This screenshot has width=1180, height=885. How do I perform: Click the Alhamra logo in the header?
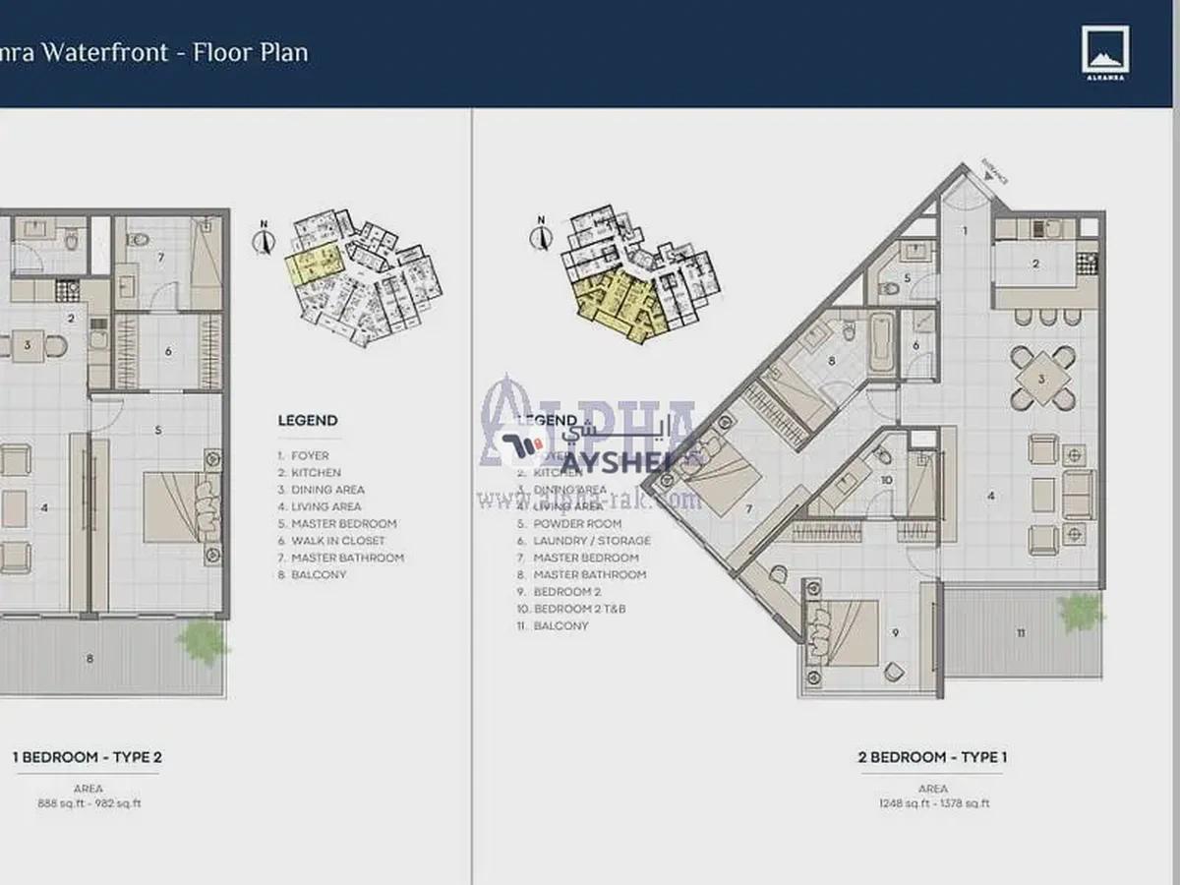pos(1105,51)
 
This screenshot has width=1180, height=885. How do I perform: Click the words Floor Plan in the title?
pos(251,52)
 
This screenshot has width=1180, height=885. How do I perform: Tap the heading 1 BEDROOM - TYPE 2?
pos(87,757)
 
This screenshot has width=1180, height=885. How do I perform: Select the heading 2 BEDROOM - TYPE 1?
pos(932,757)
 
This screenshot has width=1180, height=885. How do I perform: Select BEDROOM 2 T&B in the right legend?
pos(579,609)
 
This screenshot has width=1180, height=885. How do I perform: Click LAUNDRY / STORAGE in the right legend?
pos(591,541)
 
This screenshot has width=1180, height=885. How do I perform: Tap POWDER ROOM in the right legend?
pos(577,524)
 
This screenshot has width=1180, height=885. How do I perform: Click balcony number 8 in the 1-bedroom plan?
pos(89,659)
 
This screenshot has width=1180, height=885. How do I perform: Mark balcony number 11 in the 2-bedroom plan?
pos(1020,632)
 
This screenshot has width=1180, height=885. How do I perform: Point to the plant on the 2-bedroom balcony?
pos(1081,612)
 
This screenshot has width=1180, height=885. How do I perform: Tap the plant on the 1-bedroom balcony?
pos(204,641)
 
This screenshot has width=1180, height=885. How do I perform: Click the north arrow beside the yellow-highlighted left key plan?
pos(264,238)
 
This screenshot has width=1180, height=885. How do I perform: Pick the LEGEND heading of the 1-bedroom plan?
pos(307,421)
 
